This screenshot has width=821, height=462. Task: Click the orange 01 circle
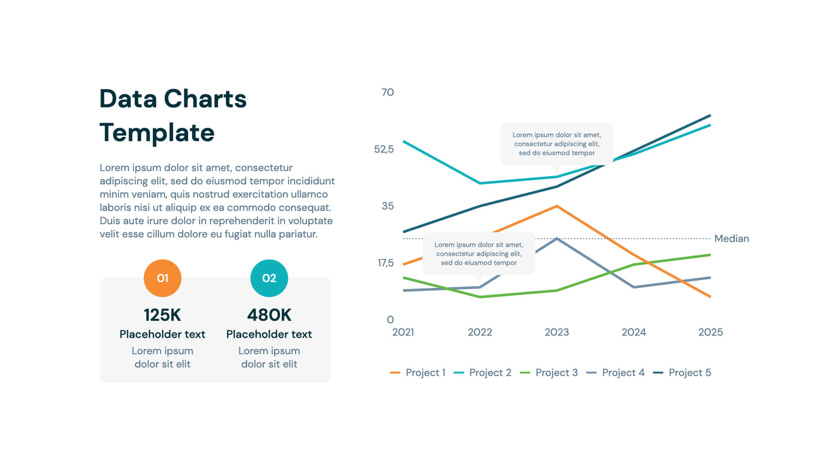click(162, 278)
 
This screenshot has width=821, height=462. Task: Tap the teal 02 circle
click(269, 278)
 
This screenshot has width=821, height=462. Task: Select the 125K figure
click(162, 315)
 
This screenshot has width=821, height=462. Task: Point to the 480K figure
click(269, 315)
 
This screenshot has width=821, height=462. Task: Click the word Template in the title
click(157, 133)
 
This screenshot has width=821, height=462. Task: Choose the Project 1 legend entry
click(418, 373)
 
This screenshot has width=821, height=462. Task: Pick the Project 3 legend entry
click(549, 373)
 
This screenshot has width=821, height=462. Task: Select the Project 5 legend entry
click(682, 373)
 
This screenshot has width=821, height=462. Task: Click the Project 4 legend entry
click(616, 373)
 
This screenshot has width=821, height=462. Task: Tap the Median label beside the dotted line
click(732, 239)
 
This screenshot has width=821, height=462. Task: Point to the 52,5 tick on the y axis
click(384, 149)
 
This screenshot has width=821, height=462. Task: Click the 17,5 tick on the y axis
click(385, 263)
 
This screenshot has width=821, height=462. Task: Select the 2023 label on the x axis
click(557, 332)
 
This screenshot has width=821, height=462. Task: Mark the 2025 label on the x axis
click(710, 332)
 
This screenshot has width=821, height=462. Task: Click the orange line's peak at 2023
click(557, 206)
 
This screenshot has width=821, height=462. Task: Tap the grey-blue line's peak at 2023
click(557, 239)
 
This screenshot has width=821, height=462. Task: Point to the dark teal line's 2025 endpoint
click(710, 115)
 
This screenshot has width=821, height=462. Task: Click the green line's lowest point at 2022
click(480, 297)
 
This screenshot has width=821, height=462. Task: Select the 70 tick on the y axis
click(387, 92)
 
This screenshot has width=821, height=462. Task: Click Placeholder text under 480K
click(269, 334)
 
